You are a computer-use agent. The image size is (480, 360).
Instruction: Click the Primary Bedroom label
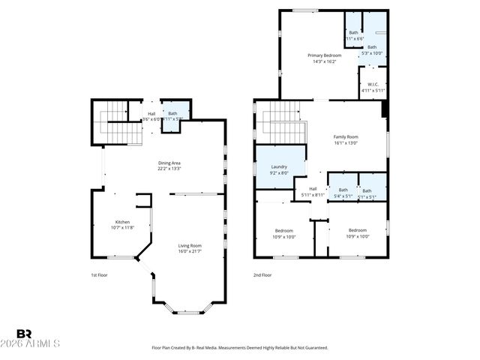324,55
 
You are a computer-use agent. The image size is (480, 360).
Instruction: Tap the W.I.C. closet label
373,84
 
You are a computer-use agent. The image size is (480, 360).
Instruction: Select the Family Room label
346,136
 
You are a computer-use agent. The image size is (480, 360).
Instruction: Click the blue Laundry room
279,169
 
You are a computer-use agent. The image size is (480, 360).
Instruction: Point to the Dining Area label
169,163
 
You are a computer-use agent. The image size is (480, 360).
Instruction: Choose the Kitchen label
121,222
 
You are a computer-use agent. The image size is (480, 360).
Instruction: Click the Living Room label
190,245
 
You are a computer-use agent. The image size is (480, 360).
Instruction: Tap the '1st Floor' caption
99,275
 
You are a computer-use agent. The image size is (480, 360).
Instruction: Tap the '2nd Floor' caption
262,275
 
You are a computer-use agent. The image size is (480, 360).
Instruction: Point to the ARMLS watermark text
37,344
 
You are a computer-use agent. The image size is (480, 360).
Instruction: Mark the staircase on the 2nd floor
283,120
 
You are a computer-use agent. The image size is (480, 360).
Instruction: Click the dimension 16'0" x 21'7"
190,251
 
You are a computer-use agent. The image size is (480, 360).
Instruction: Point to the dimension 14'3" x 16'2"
324,61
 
